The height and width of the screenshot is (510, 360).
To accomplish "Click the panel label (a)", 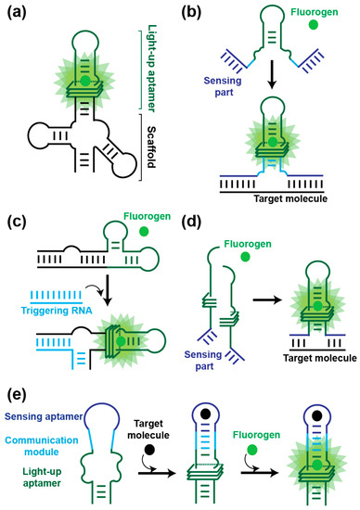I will (x=19, y=14).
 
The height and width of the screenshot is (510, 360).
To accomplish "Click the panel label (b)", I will (x=199, y=14).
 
